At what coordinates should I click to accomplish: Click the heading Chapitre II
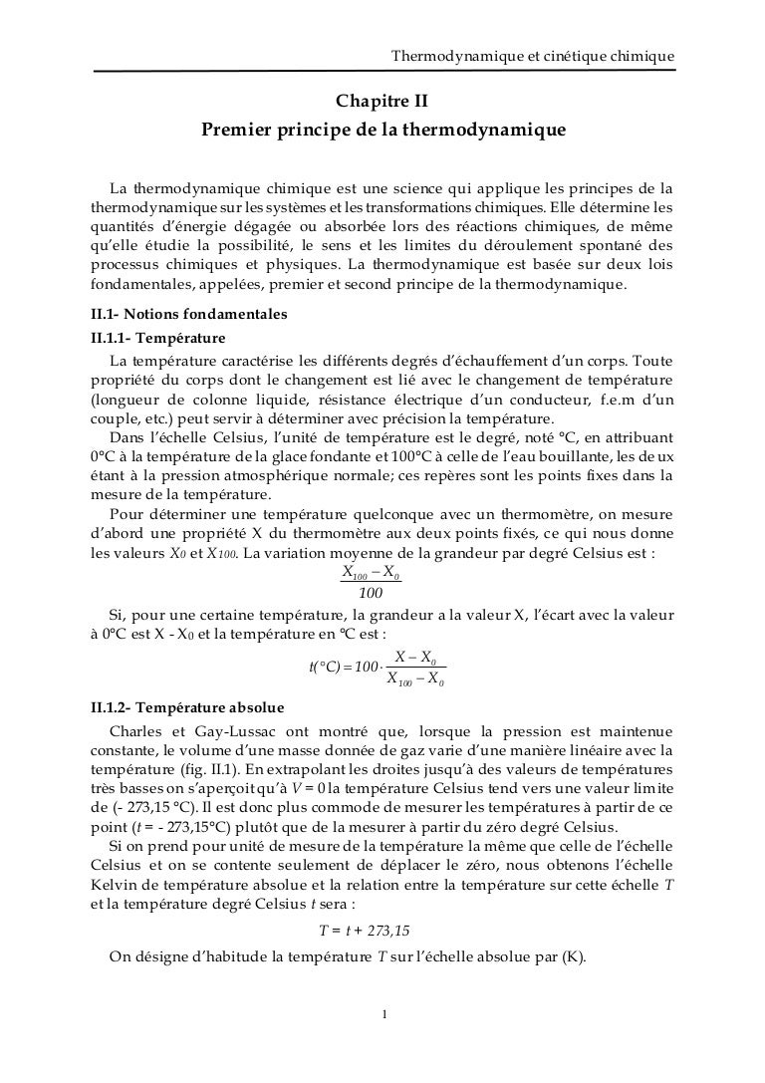coord(382,101)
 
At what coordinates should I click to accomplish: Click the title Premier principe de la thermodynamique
coord(383,131)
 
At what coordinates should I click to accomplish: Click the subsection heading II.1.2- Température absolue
coord(187,709)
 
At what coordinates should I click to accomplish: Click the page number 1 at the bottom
coord(383,1015)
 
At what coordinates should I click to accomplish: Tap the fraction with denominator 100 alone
coord(371,582)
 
